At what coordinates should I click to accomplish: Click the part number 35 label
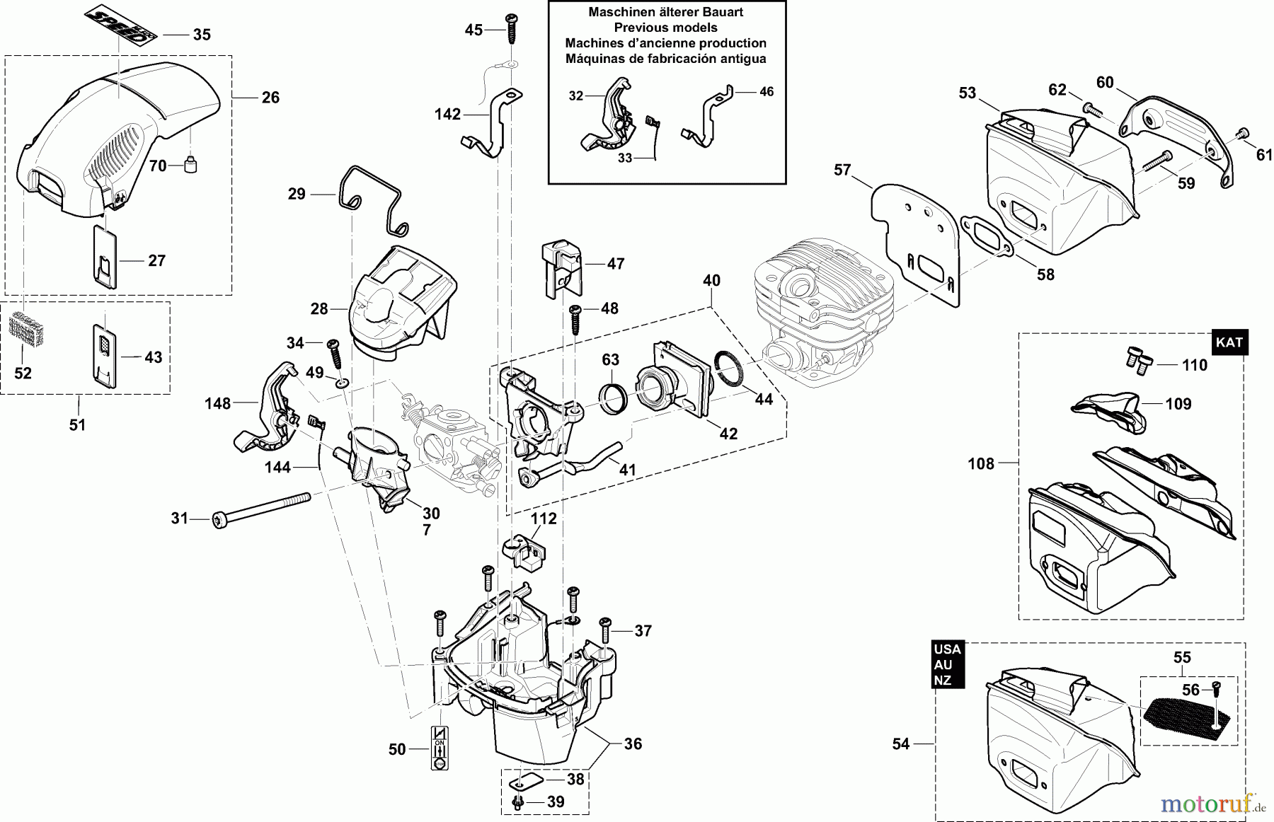point(202,35)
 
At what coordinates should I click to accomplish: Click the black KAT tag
point(1229,342)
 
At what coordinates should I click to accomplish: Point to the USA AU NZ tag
point(947,665)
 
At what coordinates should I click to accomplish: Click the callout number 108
point(981,464)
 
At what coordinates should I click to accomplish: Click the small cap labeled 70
point(190,165)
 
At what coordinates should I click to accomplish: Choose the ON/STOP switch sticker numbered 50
point(439,748)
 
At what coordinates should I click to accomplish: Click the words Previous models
point(665,28)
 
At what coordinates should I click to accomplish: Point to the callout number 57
point(842,170)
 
